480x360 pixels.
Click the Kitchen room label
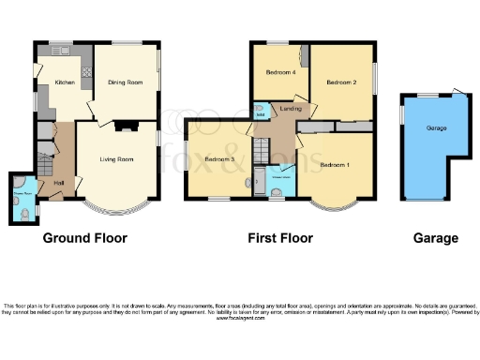pos(64,82)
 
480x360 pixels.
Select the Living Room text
pos(116,158)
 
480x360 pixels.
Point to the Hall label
pos(58,182)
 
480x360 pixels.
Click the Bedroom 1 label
pos(335,165)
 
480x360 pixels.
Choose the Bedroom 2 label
pos(341,82)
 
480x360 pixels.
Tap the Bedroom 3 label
pos(218,158)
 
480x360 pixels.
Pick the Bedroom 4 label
pos(280,72)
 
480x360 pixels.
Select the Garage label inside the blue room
pos(436,127)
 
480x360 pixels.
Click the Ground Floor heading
pos(84,238)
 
